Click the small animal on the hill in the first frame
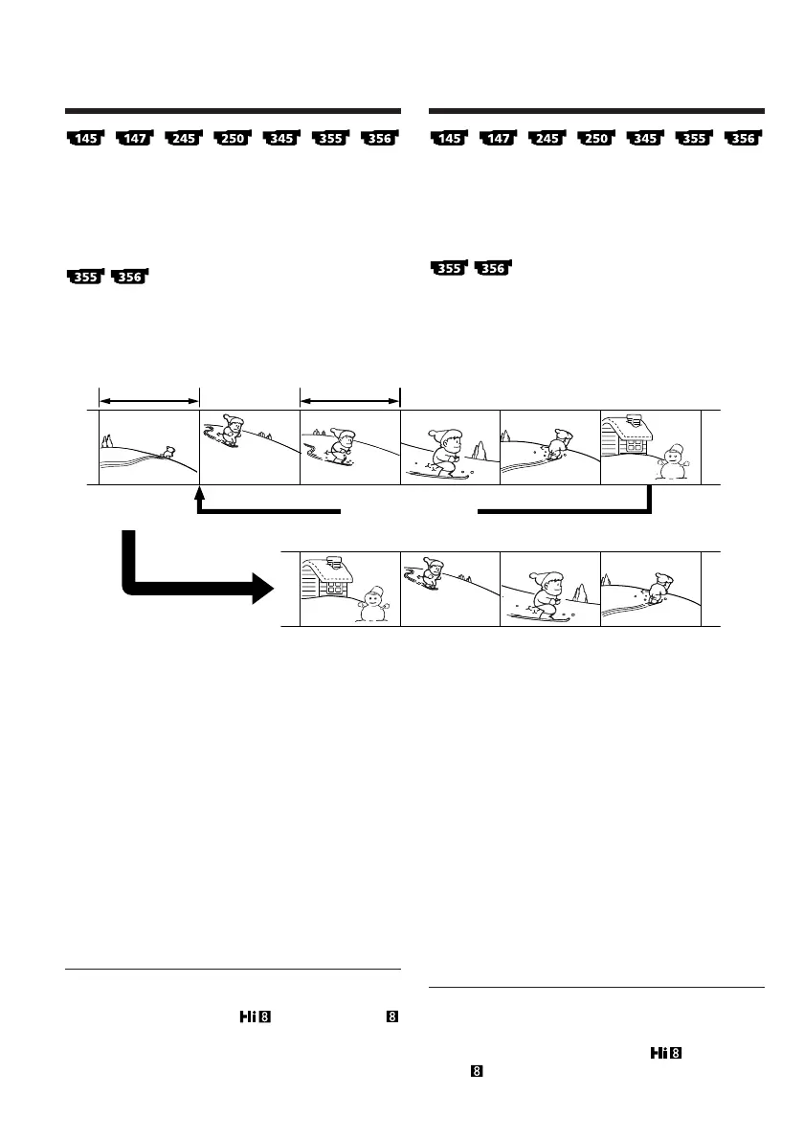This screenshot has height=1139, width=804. (x=167, y=450)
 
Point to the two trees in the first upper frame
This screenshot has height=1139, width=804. (x=108, y=440)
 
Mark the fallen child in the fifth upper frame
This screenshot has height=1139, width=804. (x=558, y=444)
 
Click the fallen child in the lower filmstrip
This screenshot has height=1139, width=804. (x=659, y=586)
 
